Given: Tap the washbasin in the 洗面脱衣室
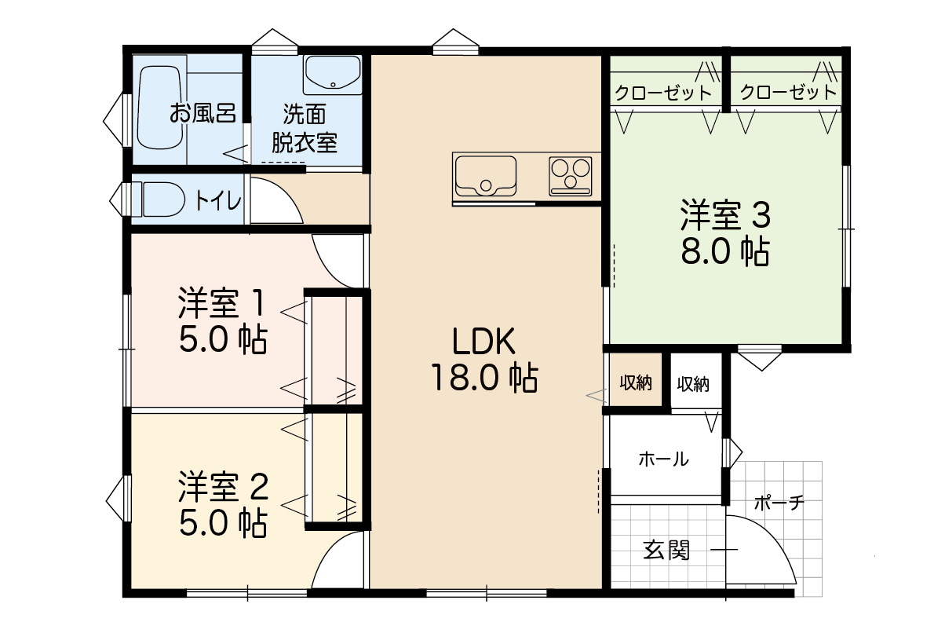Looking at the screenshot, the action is click(x=333, y=75).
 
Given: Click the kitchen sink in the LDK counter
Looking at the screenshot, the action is click(x=486, y=176).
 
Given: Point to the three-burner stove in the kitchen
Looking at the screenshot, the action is click(x=571, y=176).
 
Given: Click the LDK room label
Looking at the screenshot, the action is click(x=483, y=342).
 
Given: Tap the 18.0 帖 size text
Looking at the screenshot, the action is click(x=484, y=378).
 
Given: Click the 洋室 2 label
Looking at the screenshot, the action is click(x=223, y=487).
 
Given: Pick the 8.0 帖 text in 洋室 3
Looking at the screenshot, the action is click(x=725, y=251).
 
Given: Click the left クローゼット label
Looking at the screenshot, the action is click(x=663, y=93).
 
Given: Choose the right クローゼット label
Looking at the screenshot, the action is click(x=788, y=92).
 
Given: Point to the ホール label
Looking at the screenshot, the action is click(x=663, y=459).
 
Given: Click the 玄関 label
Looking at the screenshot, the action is click(x=666, y=550).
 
